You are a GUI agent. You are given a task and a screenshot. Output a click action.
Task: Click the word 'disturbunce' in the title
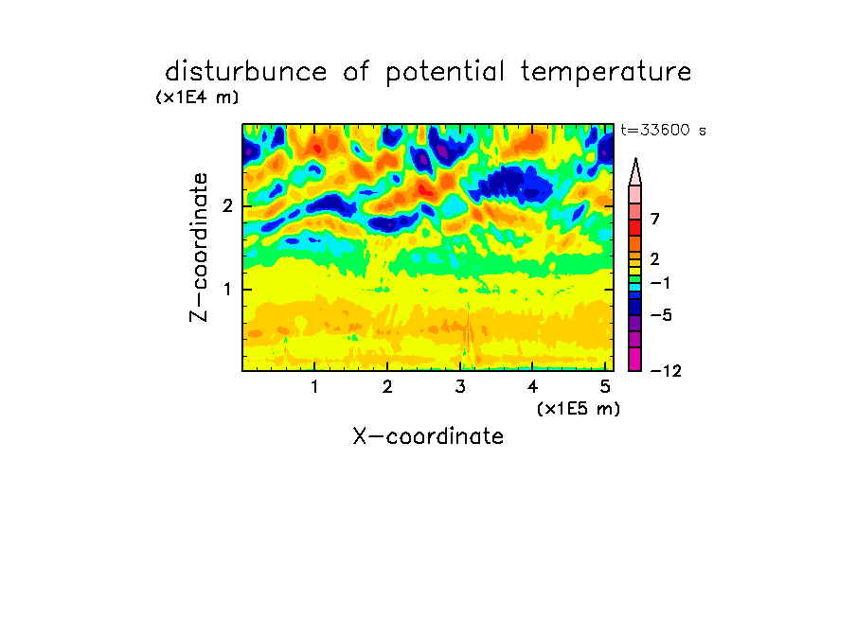(x=246, y=72)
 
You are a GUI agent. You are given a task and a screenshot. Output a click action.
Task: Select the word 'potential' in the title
(x=445, y=73)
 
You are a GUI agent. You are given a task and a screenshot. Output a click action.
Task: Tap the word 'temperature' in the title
(x=606, y=72)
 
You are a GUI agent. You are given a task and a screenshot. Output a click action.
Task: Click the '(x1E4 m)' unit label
(x=197, y=97)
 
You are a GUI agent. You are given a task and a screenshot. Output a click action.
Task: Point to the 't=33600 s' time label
(x=663, y=130)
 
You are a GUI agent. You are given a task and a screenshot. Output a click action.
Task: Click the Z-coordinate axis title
(x=199, y=247)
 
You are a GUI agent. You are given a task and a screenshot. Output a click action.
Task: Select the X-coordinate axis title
(x=428, y=436)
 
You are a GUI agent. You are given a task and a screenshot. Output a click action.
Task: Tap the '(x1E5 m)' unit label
(x=579, y=409)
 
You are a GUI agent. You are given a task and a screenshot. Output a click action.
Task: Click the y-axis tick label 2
(x=227, y=206)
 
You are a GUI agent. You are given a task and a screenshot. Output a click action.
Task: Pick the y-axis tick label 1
(x=227, y=290)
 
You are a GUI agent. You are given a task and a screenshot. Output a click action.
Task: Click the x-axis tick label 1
(x=315, y=387)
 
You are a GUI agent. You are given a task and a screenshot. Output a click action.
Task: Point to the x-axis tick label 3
(x=460, y=387)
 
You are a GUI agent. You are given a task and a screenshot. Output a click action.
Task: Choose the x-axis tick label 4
(x=532, y=387)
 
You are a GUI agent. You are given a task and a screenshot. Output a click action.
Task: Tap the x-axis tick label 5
(x=605, y=387)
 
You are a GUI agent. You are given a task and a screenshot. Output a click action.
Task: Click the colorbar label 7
(x=655, y=219)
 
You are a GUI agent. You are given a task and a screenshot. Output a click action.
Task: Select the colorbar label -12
(x=666, y=371)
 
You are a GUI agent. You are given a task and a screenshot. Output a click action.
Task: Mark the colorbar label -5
(x=661, y=315)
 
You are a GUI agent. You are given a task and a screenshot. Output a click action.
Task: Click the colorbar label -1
(x=661, y=283)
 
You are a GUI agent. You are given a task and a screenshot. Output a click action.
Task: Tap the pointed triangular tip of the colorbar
(x=635, y=159)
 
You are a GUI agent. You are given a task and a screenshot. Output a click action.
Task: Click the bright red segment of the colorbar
(x=635, y=227)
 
